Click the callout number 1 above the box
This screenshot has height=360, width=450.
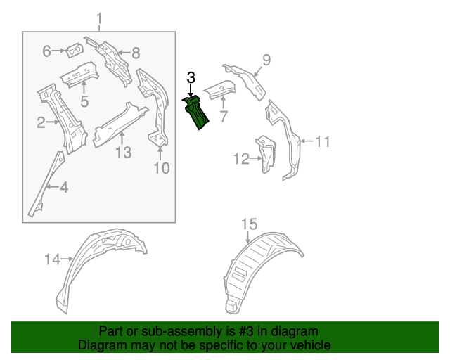click(99, 18)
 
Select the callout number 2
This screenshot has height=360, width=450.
click(41, 123)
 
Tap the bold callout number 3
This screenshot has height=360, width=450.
click(191, 77)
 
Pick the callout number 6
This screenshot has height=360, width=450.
click(47, 51)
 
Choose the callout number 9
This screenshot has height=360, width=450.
click(266, 59)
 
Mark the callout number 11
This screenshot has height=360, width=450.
click(321, 142)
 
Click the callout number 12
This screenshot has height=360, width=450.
click(240, 160)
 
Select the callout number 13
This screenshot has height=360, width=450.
click(123, 152)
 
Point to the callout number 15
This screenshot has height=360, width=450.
click(250, 224)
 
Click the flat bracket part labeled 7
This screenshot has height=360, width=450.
click(219, 90)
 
